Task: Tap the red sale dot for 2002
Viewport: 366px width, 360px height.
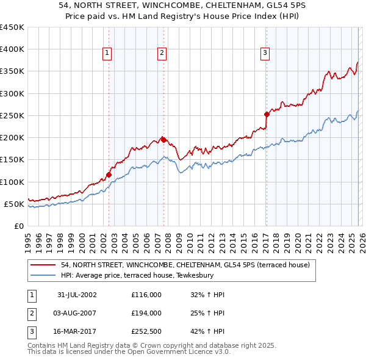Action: pyautogui.click(x=109, y=175)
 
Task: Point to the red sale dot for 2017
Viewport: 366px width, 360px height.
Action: pyautogui.click(x=267, y=114)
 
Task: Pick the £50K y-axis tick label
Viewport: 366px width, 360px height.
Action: pyautogui.click(x=14, y=204)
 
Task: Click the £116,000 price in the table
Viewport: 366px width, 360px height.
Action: pyautogui.click(x=146, y=295)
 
